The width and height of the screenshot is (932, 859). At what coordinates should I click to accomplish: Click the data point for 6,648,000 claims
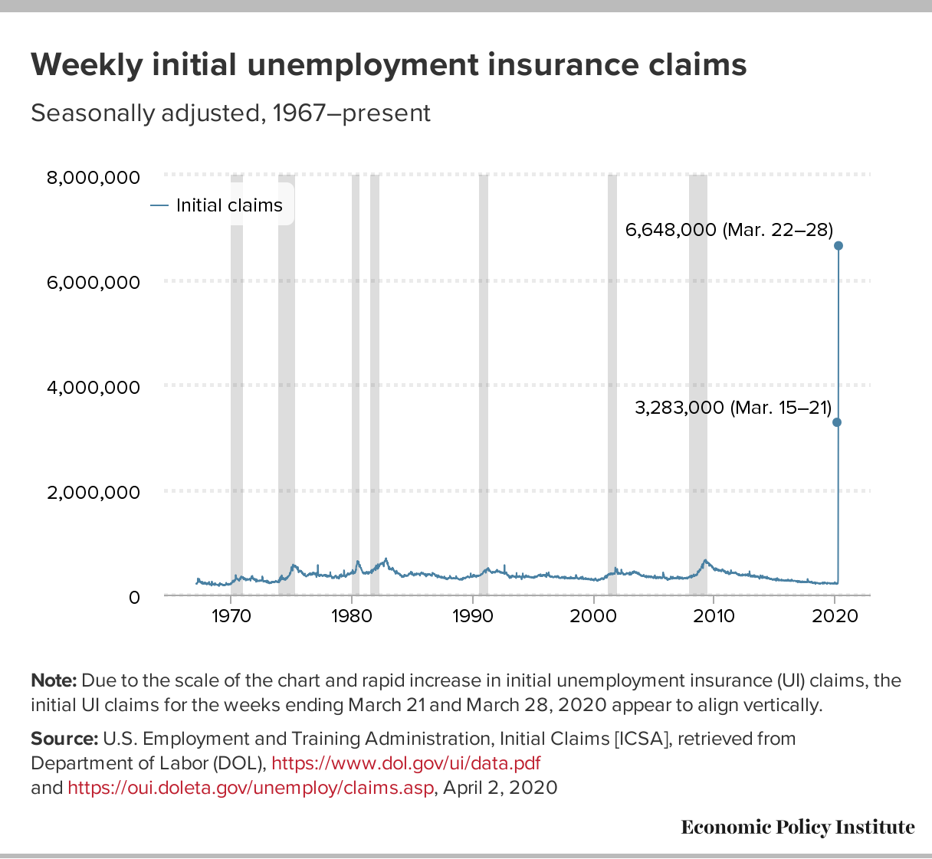(838, 245)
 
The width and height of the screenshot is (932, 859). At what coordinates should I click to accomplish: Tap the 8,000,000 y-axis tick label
(94, 178)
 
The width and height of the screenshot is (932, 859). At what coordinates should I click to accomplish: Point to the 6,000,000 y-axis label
(94, 283)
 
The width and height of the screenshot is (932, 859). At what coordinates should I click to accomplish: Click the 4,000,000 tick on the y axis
(94, 387)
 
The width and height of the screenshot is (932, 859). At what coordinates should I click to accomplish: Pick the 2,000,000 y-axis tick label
(94, 492)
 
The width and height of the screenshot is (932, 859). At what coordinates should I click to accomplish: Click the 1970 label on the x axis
(231, 617)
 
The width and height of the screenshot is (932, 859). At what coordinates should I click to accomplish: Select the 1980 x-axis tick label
(352, 617)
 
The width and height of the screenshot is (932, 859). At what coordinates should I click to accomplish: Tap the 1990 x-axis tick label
(473, 617)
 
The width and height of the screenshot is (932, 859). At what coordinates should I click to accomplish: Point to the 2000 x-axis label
(593, 617)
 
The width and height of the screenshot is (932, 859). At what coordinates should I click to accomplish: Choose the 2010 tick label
(714, 617)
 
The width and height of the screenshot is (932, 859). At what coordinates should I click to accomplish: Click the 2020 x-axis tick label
(834, 617)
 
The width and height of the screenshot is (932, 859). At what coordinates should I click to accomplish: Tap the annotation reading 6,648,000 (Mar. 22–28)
(729, 228)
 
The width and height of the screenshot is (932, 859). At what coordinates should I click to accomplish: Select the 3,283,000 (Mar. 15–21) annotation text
(733, 408)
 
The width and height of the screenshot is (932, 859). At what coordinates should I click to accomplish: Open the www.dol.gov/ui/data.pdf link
(406, 763)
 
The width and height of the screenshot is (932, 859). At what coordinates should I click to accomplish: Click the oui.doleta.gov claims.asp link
(251, 788)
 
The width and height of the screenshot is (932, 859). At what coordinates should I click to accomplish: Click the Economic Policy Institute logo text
(797, 827)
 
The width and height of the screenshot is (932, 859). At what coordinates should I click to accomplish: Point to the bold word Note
(54, 680)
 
